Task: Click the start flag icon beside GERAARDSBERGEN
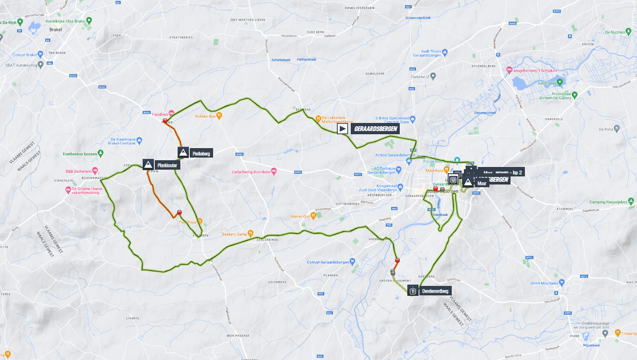343,129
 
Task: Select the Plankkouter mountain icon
148,165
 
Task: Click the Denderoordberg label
434,291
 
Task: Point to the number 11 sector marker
412,291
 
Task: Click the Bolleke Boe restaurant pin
219,116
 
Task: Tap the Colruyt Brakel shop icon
40,55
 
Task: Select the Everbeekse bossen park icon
100,154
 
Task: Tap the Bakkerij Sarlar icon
251,233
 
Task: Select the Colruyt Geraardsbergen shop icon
353,262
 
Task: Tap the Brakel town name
57,30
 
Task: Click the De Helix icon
617,128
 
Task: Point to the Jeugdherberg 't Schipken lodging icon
509,70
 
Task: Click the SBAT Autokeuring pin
41,65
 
